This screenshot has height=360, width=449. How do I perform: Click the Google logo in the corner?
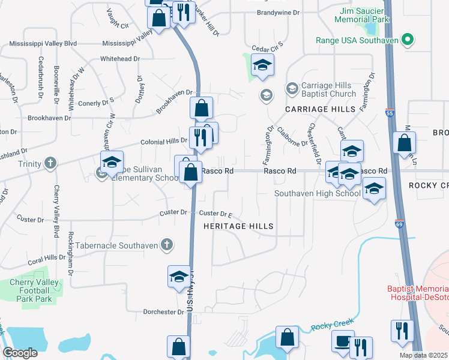tap(20, 353)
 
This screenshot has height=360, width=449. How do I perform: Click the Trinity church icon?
tap(50, 163)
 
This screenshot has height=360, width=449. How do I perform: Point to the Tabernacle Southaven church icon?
tap(167, 245)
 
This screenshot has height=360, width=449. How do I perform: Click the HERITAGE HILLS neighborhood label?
tap(238, 226)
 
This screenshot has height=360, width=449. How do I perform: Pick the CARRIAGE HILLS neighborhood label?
tap(316, 109)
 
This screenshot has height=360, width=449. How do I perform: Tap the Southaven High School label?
tap(317, 193)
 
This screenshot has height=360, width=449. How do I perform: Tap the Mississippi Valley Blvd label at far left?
tap(43, 44)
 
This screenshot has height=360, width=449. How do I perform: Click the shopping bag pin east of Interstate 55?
tap(405, 144)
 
